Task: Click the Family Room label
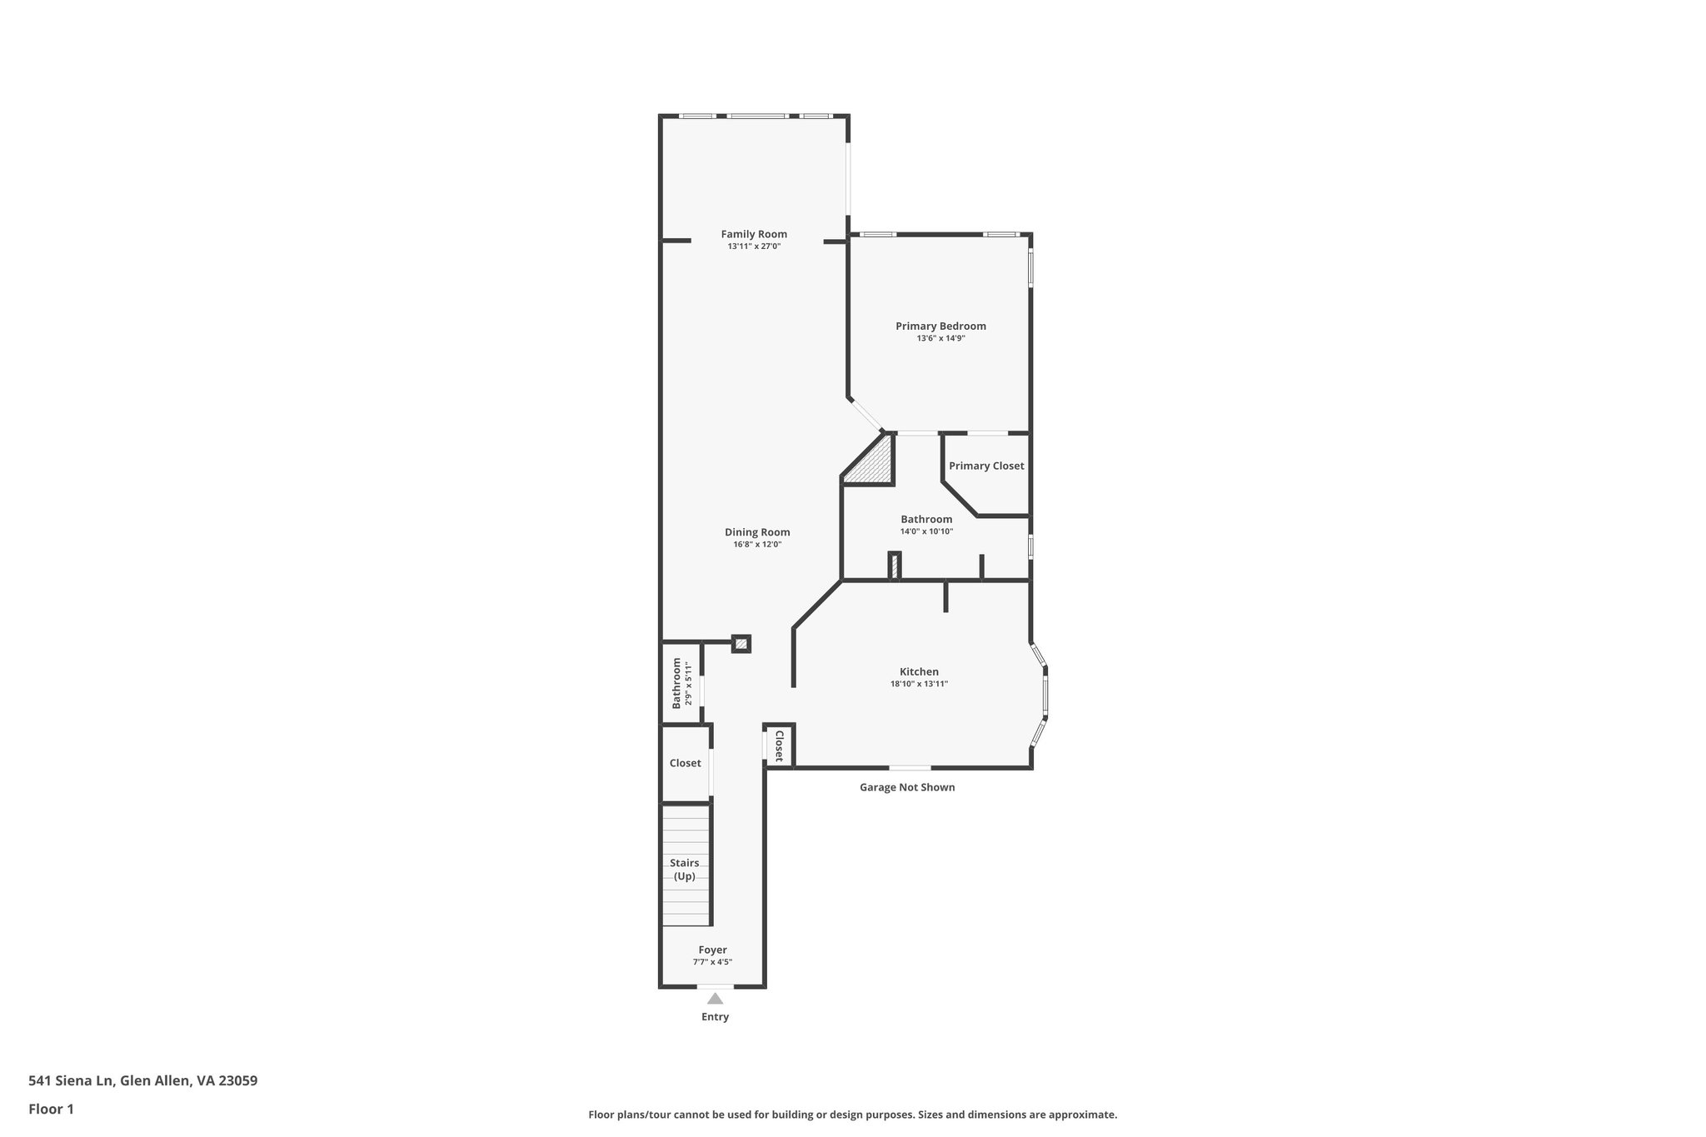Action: coord(754,234)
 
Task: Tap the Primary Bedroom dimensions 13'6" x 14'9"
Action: coord(940,338)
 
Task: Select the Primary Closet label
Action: coord(986,466)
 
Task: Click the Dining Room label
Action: coord(757,532)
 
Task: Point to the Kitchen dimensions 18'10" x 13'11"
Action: coord(919,684)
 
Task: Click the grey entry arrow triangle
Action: coord(715,998)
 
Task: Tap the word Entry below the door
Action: coord(715,1017)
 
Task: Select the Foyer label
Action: coord(712,950)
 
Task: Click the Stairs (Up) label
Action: coord(685,870)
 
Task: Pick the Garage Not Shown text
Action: coord(907,787)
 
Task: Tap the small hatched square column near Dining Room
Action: coord(741,644)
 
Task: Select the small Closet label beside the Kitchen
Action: coord(779,746)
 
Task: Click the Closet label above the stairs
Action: coord(686,763)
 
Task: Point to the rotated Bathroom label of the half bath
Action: coord(676,683)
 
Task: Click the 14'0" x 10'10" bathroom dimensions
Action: coord(926,531)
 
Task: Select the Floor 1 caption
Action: coord(51,1109)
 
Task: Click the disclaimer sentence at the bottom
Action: coord(852,1115)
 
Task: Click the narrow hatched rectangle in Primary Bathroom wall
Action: coord(894,566)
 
